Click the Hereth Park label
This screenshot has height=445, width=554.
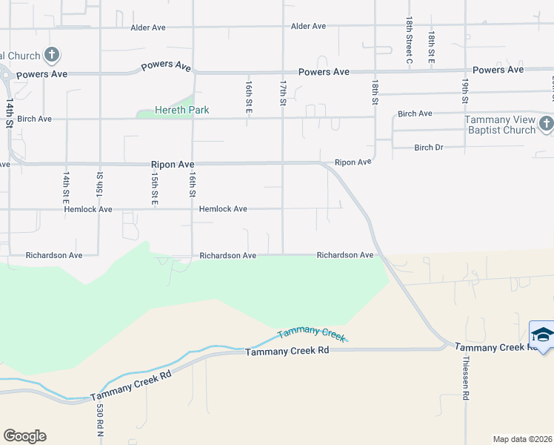click(x=182, y=111)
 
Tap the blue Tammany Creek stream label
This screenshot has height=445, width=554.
click(x=312, y=334)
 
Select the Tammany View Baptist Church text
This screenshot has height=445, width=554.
click(x=500, y=125)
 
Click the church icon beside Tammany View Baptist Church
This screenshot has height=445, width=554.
click(x=546, y=124)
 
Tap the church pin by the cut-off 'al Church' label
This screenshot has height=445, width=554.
click(x=52, y=54)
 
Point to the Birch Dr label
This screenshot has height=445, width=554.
click(x=429, y=148)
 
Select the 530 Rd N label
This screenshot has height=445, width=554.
click(x=99, y=418)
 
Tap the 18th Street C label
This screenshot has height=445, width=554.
click(x=408, y=42)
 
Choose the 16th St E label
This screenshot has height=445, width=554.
click(x=249, y=97)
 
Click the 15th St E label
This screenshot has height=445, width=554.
click(x=154, y=191)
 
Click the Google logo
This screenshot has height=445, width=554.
click(x=24, y=436)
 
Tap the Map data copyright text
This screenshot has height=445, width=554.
click(x=522, y=439)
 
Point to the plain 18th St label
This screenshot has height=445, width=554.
click(x=375, y=91)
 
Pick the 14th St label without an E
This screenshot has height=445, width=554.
click(x=10, y=114)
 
